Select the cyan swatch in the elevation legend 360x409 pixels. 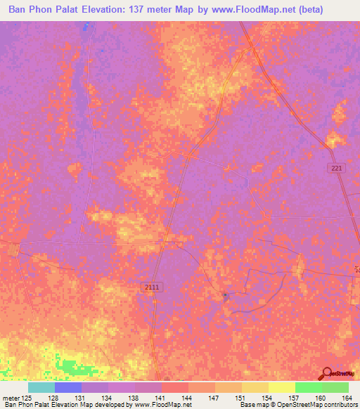pyautogui.click(x=41, y=387)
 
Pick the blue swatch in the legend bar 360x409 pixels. pyautogui.click(x=68, y=387)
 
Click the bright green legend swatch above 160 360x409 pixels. pyautogui.click(x=308, y=387)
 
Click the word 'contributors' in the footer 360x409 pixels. pyautogui.click(x=341, y=405)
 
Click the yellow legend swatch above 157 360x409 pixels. pyautogui.click(x=281, y=387)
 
